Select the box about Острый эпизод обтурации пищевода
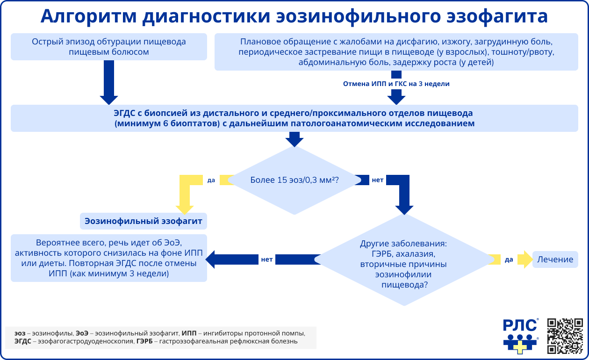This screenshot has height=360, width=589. tap(108, 47)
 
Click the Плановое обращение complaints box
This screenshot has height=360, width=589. tap(396, 51)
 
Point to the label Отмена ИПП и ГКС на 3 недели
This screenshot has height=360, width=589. tap(396, 84)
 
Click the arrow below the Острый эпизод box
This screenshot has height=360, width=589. tap(108, 82)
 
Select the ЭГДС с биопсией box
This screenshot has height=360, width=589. tap(294, 118)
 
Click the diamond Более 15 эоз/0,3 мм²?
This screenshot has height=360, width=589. tap(294, 180)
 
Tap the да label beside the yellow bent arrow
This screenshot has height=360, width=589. tap(211, 180)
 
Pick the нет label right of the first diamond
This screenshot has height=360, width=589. tap(377, 180)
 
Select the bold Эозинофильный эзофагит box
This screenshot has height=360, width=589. tap(143, 221)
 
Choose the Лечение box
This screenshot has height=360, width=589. tap(555, 259)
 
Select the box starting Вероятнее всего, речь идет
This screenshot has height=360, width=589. tap(108, 259)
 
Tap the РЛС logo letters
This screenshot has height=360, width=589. tap(519, 325)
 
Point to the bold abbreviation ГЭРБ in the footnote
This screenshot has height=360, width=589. tap(144, 341)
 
